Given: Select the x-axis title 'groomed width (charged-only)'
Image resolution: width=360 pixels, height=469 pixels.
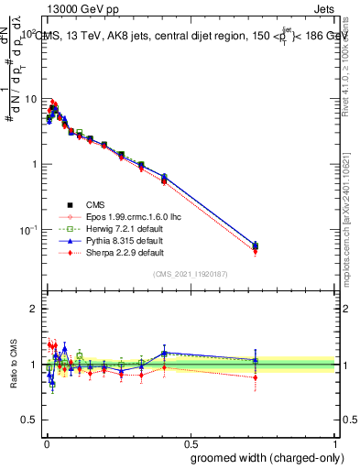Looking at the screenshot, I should [x=263, y=457].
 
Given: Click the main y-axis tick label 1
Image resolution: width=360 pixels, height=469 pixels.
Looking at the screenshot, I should [x=35, y=164].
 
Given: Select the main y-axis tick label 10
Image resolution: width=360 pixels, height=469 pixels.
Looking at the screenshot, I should [x=31, y=99].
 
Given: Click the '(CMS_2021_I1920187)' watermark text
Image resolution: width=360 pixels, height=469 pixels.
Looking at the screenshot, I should [x=190, y=274].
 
